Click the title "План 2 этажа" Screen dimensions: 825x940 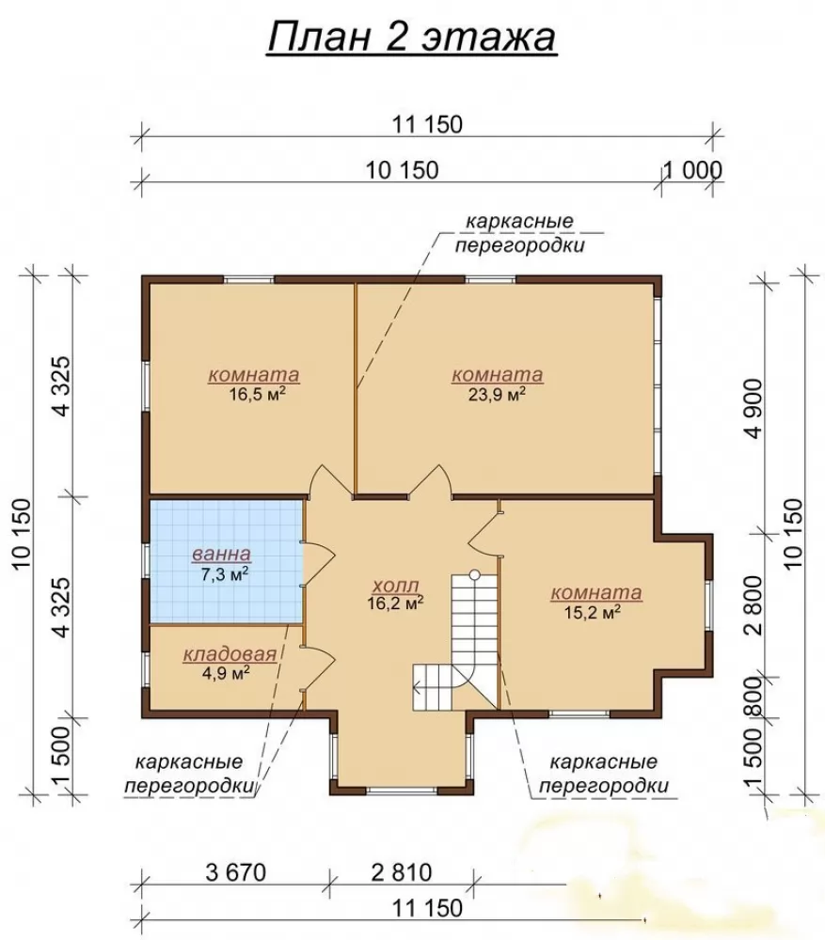[412, 38]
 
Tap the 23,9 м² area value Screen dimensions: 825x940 [497, 395]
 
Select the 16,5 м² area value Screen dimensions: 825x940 [256, 395]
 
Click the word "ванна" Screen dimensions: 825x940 [221, 555]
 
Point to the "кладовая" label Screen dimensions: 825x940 [230, 654]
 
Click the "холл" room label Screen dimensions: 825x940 [395, 585]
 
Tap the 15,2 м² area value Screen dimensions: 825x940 [592, 612]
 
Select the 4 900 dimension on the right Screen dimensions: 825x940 [754, 408]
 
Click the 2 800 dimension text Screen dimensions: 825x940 [754, 605]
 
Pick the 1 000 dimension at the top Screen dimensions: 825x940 [692, 170]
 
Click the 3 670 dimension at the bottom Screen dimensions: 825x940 [236, 872]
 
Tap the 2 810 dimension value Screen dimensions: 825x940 [402, 872]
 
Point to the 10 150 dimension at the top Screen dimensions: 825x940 [402, 170]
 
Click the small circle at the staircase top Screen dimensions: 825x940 [475, 574]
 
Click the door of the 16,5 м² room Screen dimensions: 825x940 [330, 480]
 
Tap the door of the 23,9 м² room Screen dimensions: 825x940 [430, 480]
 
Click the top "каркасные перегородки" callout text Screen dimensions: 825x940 [519, 233]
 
